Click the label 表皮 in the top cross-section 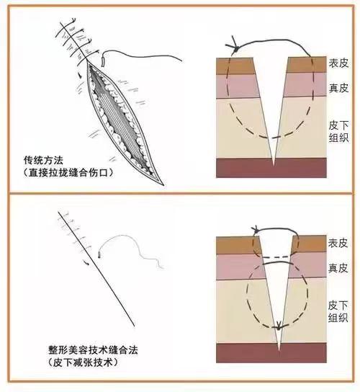[338, 63]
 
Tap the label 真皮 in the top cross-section [338, 88]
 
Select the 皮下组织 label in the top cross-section [338, 132]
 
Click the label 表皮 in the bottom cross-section [338, 243]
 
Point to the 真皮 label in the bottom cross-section [338, 268]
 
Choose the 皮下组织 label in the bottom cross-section [338, 311]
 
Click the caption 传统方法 [43, 160]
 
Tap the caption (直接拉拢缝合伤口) [68, 173]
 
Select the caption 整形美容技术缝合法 [93, 350]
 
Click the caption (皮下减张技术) [83, 362]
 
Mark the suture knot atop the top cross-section [235, 47]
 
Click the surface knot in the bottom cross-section [256, 229]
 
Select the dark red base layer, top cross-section [271, 168]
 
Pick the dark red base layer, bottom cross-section [271, 353]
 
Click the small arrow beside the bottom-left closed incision [86, 262]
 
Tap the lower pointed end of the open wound [164, 185]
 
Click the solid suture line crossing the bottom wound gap [278, 262]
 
